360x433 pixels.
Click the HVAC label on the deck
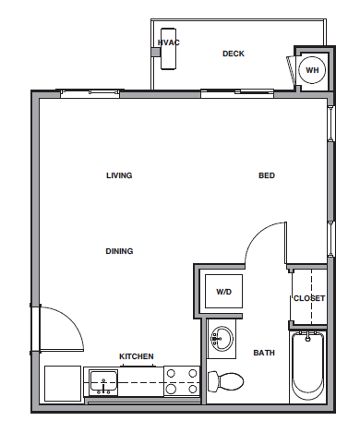(168, 42)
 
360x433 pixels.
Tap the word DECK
(234, 54)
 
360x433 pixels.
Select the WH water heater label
(312, 69)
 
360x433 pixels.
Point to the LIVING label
(119, 175)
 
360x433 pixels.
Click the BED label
(266, 175)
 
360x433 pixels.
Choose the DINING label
(119, 251)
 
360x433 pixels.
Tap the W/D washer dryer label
(223, 292)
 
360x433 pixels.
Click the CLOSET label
(309, 298)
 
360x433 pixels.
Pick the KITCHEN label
(136, 356)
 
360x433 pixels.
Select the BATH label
(264, 353)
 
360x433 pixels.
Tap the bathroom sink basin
(222, 338)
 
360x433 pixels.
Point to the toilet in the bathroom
(226, 379)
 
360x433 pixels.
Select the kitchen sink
(103, 379)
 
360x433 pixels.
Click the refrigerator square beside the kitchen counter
(63, 382)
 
